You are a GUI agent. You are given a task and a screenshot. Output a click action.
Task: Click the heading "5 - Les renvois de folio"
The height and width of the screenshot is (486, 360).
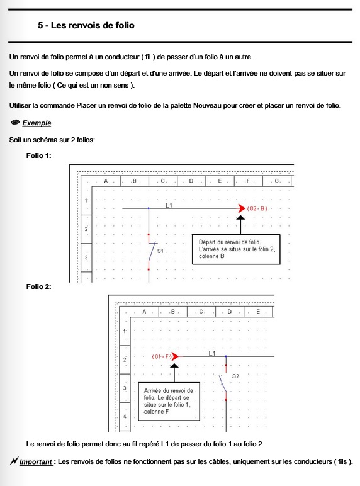86,25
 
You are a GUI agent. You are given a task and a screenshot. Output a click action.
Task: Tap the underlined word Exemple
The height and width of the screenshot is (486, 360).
37,123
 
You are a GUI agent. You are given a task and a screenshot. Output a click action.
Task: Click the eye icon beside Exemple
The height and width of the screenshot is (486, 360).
15,122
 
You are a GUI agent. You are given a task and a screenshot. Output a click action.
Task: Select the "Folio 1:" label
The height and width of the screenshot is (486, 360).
39,155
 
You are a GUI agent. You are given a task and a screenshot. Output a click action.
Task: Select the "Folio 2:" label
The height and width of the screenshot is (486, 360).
39,286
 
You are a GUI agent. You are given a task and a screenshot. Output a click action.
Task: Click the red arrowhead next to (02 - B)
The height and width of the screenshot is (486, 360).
242,208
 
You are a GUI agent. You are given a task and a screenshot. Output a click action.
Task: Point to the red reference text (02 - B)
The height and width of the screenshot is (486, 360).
257,208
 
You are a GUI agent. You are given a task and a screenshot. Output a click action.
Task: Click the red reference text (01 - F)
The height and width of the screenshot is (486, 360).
161,357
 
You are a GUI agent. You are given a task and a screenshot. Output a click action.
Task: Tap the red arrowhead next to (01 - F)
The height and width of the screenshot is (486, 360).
175,356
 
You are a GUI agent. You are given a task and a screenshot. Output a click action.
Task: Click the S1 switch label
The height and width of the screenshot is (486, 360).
160,251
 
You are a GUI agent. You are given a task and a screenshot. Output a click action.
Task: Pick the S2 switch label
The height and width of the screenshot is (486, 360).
235,376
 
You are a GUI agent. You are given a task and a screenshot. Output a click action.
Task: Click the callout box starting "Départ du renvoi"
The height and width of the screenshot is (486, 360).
236,249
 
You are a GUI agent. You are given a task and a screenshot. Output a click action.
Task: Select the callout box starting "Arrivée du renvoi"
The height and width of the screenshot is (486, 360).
169,402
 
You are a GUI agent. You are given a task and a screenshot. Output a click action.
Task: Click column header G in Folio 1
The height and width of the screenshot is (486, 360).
277,181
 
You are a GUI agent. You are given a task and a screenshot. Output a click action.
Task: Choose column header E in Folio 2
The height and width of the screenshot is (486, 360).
258,312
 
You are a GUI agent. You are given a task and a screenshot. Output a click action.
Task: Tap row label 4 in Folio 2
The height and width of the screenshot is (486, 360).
125,417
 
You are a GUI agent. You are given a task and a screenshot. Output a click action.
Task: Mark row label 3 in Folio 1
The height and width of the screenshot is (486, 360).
86,257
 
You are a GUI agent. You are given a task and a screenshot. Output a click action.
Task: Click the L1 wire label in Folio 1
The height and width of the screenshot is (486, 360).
169,205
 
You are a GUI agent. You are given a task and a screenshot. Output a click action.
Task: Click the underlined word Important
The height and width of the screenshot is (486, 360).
36,462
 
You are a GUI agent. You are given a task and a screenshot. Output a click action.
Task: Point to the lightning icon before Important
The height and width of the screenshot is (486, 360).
14,461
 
